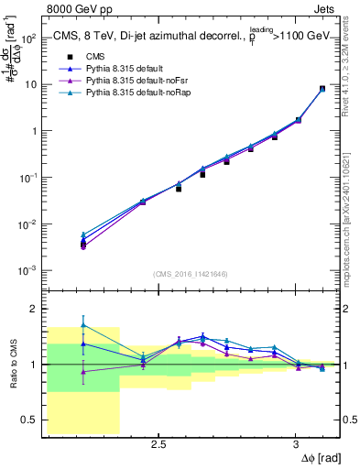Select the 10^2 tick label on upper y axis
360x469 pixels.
27,38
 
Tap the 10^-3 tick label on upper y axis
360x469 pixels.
27,270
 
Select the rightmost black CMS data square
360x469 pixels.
322,89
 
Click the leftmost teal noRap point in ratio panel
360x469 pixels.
83,325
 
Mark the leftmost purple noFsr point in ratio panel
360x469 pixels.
83,372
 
